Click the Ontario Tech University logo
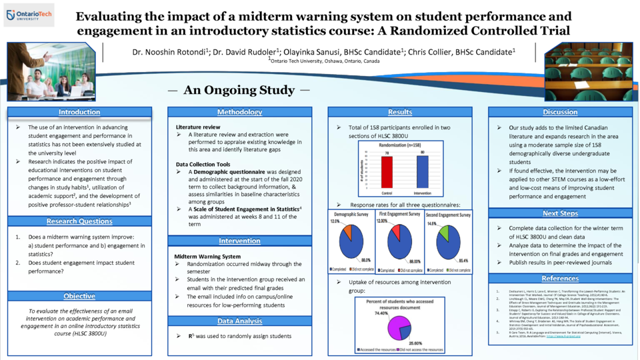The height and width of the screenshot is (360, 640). tap(32, 14)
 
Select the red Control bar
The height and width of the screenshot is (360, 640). tap(385, 172)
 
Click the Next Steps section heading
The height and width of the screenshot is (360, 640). tap(561, 213)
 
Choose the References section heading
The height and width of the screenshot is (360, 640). tap(561, 279)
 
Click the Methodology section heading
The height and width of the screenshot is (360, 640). tap(239, 112)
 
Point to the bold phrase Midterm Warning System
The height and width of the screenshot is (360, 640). tap(208, 256)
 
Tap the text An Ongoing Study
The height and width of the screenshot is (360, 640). tap(239, 90)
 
